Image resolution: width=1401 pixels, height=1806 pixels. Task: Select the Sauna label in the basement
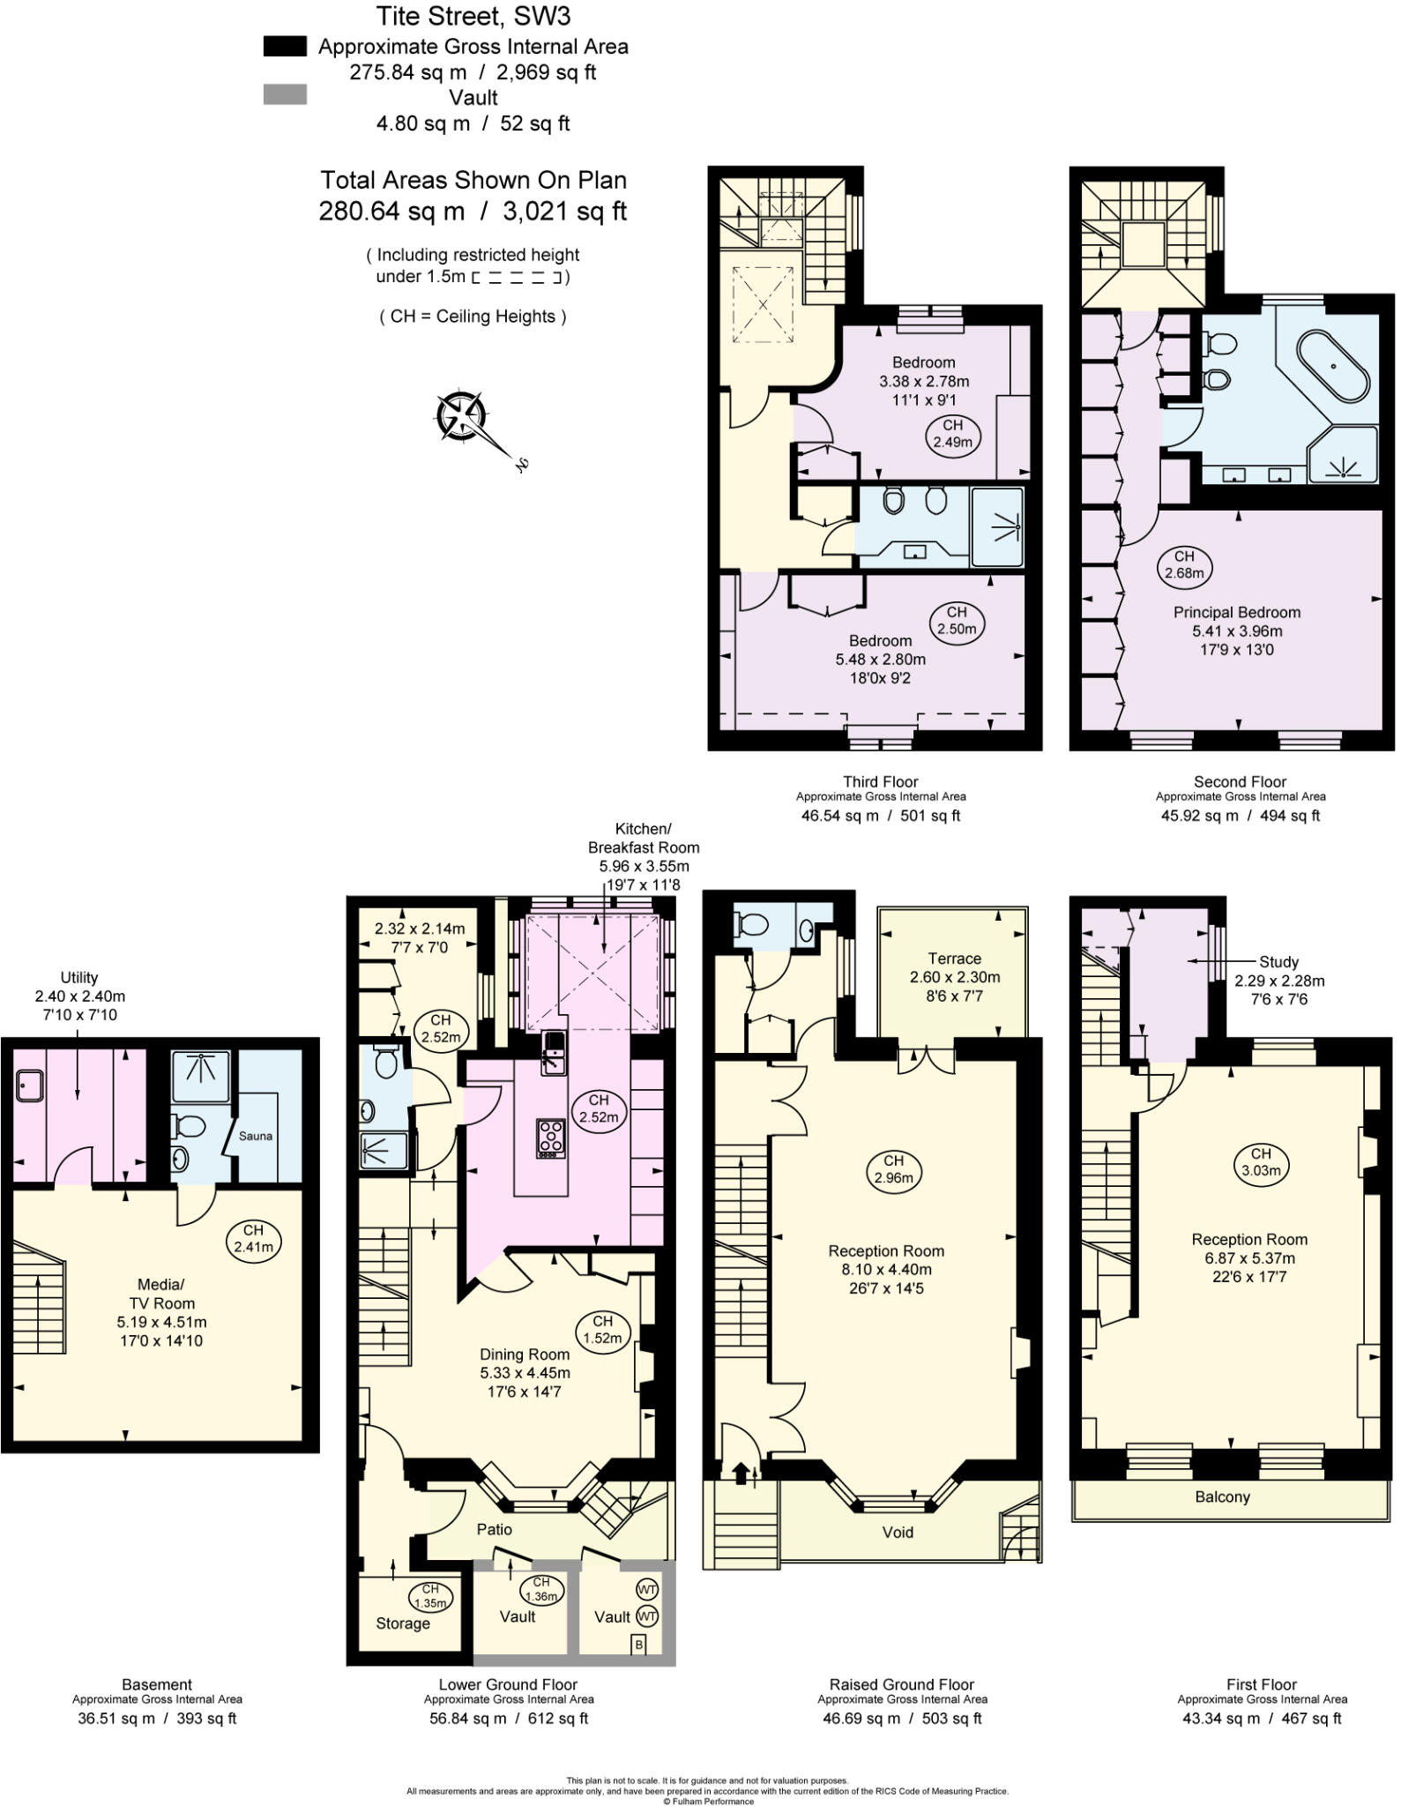point(255,1136)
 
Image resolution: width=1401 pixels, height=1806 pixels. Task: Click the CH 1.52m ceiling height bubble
point(602,1329)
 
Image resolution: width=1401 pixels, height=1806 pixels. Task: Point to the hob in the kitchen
point(551,1138)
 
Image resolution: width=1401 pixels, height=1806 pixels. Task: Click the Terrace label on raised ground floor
point(954,959)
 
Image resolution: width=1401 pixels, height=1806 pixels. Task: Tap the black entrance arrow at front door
point(740,1473)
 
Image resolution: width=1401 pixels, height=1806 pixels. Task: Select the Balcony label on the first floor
point(1222,1496)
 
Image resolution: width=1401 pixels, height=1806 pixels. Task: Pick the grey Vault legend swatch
point(285,94)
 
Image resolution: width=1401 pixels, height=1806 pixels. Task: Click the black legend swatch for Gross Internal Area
point(285,47)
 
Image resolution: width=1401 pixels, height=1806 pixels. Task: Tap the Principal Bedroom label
point(1236,612)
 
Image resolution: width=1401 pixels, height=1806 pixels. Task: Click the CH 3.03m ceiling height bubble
point(1261,1161)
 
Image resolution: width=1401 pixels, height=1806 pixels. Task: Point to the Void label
point(898,1532)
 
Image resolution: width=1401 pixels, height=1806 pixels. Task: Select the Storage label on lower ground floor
point(403,1623)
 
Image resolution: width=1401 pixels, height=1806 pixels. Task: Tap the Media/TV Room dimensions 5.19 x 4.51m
point(161,1322)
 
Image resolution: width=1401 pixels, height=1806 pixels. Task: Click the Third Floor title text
point(880,781)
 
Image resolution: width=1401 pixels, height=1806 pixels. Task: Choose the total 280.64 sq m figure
point(391,212)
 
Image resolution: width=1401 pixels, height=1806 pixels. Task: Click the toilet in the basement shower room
point(190,1126)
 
